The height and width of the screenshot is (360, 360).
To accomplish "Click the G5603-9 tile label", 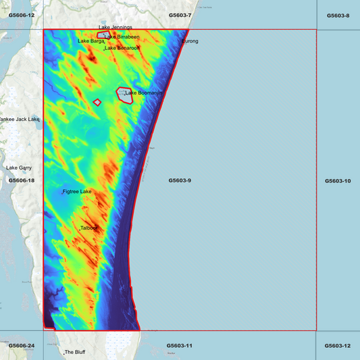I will pos(180,180).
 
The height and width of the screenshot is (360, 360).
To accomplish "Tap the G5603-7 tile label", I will pos(180,15).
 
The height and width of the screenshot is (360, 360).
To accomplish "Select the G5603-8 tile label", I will pos(338,15).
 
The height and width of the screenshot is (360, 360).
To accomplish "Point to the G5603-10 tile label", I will pos(338,181).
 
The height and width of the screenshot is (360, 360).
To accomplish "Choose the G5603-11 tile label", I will pos(180,346).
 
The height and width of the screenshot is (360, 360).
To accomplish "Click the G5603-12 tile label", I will pos(338,346).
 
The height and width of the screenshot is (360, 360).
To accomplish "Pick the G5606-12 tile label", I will pos(22,15).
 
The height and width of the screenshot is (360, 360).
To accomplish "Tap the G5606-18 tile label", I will pos(22,180).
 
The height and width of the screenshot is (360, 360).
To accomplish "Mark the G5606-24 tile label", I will pos(22,346).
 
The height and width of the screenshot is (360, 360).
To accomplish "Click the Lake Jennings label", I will pos(115,28).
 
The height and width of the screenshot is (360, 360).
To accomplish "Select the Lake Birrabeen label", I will pos(123,36).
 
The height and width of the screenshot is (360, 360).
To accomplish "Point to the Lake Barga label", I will pos(91,41).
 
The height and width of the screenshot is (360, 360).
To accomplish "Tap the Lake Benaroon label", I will pos(122,49).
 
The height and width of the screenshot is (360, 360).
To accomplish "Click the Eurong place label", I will pos(190,41).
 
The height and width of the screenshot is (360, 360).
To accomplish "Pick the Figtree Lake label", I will pos(77,192).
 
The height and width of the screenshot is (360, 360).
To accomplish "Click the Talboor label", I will pos(89,228).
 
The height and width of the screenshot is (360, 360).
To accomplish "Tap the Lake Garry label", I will pos(19,168).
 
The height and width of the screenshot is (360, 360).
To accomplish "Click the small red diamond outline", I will pos(97,103).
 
